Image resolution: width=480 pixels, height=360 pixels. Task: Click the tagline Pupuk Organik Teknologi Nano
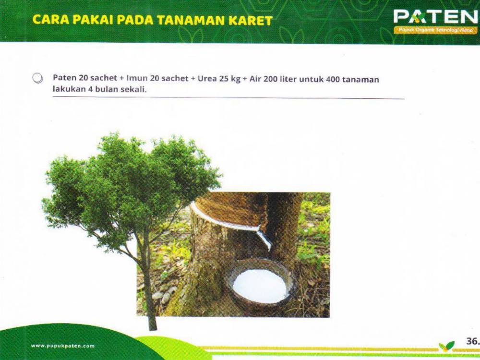[436, 30]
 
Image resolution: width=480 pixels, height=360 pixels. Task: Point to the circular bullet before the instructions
[37, 78]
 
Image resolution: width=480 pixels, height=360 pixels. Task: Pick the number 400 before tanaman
[333, 79]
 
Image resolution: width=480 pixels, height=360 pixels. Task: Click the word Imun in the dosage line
[137, 78]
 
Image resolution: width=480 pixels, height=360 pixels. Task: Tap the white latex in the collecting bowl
[260, 285]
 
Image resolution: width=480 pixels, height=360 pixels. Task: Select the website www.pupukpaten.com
[63, 346]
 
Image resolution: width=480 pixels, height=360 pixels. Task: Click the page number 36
[472, 341]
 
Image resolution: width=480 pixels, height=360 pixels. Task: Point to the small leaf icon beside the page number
[446, 346]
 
